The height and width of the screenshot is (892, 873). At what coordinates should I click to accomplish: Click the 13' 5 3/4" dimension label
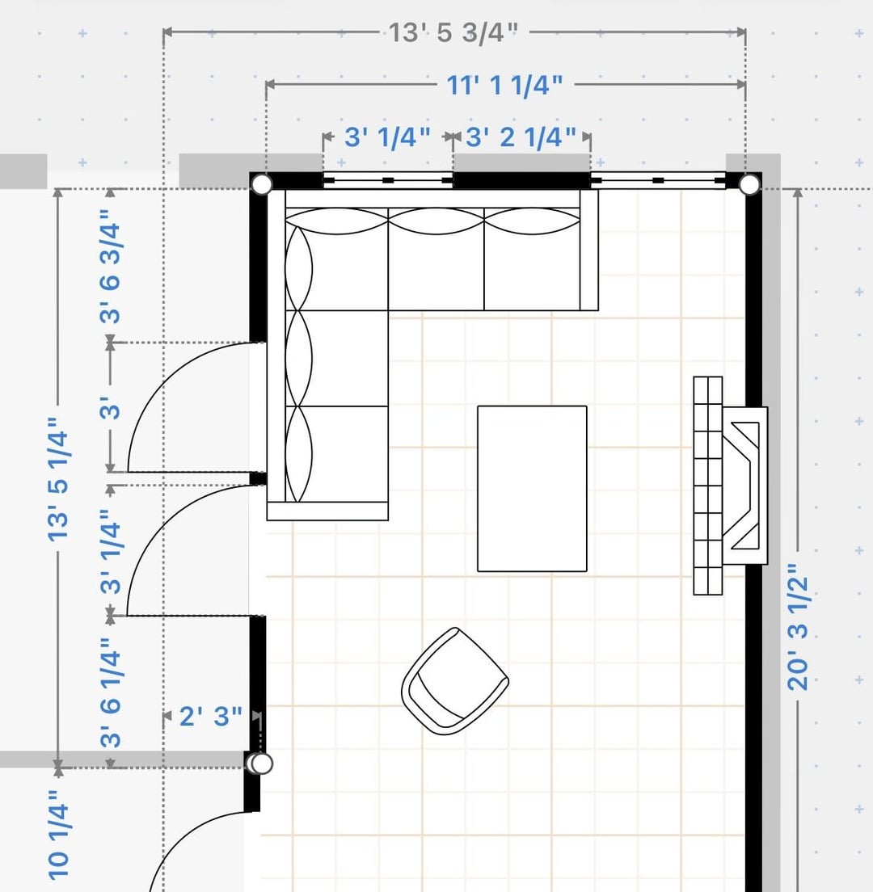click(453, 32)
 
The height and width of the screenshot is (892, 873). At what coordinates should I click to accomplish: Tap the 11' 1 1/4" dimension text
click(504, 86)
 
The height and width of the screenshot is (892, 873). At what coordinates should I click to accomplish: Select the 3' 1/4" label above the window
click(387, 137)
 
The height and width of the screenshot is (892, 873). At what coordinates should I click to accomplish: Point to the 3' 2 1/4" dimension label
click(521, 137)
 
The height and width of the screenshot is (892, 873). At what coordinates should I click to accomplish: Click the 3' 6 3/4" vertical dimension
click(111, 267)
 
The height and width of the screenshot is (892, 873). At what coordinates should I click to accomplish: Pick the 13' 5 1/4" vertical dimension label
click(58, 478)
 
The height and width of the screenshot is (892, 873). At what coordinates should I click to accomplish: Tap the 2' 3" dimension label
click(210, 716)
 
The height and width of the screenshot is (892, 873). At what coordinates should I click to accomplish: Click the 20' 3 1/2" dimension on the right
click(798, 627)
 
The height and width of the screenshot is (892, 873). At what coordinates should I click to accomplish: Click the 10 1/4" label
click(58, 835)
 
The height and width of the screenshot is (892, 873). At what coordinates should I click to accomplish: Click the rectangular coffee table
click(532, 489)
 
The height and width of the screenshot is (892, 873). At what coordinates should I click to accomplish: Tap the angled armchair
click(455, 681)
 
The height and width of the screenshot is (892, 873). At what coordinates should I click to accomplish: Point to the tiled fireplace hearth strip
click(708, 486)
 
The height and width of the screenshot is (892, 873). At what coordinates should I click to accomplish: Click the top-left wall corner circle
click(262, 184)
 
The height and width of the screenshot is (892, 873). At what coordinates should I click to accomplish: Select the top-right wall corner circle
click(749, 184)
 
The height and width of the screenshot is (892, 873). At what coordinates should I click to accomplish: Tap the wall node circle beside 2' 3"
click(261, 764)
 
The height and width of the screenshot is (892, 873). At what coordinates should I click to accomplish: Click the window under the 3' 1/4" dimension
click(387, 180)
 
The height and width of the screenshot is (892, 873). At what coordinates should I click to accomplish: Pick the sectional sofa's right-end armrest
click(589, 250)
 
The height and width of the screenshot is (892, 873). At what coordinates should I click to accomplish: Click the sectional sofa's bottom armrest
click(328, 511)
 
